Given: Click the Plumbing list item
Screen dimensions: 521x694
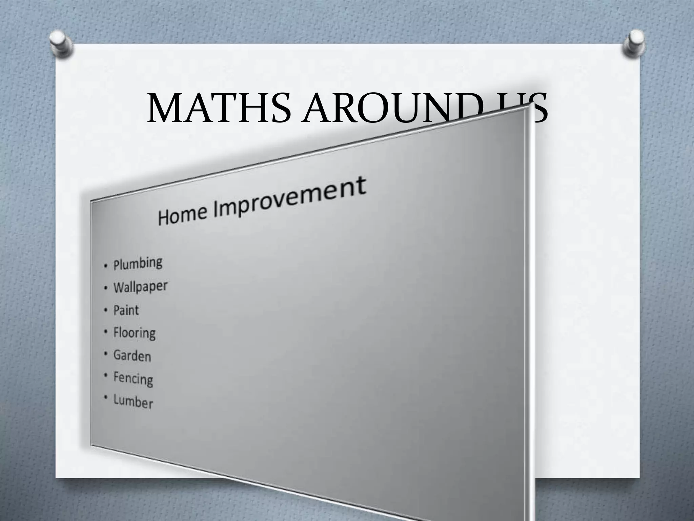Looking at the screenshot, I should [138, 264].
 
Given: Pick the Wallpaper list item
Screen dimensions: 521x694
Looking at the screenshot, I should [140, 287].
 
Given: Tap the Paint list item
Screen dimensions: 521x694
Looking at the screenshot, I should [126, 310].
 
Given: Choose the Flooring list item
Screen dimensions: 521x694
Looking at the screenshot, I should [134, 333].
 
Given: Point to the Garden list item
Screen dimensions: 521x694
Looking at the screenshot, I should [132, 356].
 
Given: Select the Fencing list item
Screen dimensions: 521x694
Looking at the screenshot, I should [133, 379].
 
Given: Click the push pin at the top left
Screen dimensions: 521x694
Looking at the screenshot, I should [61, 44].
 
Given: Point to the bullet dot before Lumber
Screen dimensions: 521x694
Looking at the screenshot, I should [106, 398].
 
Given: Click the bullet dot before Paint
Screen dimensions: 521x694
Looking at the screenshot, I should [106, 310].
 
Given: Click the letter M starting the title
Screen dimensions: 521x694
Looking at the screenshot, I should [164, 108].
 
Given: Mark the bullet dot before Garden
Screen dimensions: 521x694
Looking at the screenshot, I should [106, 354].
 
